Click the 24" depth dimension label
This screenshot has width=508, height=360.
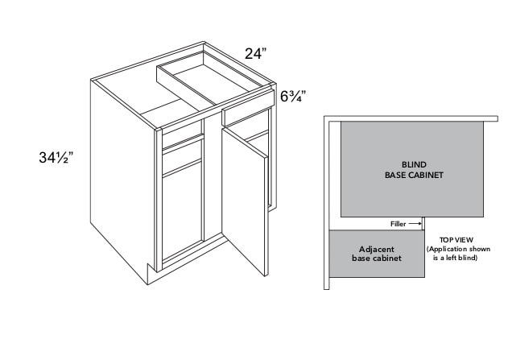coord(256,53)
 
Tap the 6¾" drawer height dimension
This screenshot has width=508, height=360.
coord(293,96)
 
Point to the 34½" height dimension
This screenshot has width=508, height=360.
coord(56,158)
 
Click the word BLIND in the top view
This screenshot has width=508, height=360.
coord(414,164)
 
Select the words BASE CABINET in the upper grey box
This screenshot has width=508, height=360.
coord(414,175)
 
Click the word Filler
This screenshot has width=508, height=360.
coord(398,224)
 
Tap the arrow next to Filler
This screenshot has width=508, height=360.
coord(415,224)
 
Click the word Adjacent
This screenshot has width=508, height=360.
coord(377,250)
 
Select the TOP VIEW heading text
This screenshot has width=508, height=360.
coord(456,240)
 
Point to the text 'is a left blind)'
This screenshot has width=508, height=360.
coord(455,259)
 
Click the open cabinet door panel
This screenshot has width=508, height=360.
coord(245,201)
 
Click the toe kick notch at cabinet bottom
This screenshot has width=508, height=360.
coord(151,274)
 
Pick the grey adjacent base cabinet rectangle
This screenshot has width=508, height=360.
coord(377,254)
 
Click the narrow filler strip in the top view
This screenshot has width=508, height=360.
coord(423,224)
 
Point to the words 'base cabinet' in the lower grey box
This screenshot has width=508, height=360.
coord(377,259)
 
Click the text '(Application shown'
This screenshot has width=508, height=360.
coord(458,249)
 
